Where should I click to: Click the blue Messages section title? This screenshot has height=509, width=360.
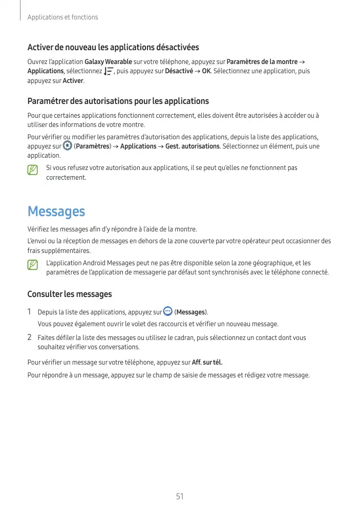click(56, 211)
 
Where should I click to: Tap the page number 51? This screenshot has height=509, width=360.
click(180, 496)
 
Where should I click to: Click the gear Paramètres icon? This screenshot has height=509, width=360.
click(67, 146)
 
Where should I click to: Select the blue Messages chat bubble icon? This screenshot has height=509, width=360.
click(167, 311)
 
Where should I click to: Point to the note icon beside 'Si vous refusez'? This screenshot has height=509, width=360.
click(33, 169)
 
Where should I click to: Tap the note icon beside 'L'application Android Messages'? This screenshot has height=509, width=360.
click(33, 265)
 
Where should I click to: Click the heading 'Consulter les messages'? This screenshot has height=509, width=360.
click(69, 294)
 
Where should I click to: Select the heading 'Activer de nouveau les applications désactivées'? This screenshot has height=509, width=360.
click(113, 48)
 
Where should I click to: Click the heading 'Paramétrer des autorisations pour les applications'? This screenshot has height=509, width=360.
click(118, 101)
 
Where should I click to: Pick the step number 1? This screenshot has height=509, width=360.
click(30, 312)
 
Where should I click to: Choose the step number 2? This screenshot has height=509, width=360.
click(30, 337)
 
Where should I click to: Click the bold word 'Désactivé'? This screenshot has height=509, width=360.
click(179, 71)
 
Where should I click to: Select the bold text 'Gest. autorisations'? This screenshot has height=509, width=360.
click(193, 146)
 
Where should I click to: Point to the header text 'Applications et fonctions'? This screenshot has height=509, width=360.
click(62, 17)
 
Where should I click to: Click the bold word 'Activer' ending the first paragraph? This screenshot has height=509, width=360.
click(73, 80)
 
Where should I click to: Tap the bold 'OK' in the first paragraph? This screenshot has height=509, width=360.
click(206, 71)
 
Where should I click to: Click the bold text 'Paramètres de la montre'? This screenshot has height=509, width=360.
click(262, 62)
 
